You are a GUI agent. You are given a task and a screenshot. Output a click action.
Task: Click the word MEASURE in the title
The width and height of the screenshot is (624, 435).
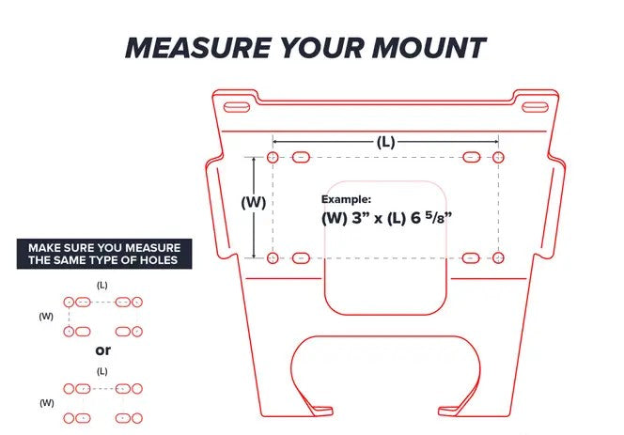(198, 48)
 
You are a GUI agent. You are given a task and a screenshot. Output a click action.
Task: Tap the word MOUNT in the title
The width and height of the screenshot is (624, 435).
(429, 48)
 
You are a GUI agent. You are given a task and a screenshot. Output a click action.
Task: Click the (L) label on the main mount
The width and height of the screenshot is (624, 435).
(385, 142)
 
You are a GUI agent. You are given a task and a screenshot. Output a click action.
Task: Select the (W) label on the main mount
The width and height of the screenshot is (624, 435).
(254, 202)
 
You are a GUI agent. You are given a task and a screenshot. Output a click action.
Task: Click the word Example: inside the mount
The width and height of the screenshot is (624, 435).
(346, 199)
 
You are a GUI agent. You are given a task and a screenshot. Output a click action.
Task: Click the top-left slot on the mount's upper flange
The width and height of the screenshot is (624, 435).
(237, 107)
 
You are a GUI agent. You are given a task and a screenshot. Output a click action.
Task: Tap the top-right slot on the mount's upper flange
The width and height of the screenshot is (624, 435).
(535, 107)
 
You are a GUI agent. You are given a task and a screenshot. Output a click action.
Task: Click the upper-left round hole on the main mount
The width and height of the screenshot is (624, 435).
(273, 157)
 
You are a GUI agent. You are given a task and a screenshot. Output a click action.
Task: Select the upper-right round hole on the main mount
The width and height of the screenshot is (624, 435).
(498, 157)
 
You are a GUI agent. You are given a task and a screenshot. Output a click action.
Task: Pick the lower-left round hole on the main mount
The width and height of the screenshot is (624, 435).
(273, 257)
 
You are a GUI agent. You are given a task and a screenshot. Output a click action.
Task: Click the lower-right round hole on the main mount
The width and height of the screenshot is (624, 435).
(498, 257)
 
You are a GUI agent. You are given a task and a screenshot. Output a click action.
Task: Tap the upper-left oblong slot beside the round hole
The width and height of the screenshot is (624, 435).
(302, 157)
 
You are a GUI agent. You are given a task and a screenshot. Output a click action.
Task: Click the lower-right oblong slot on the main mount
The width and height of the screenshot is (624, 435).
(471, 257)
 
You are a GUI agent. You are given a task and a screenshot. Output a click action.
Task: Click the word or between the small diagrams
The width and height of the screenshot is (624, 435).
(102, 350)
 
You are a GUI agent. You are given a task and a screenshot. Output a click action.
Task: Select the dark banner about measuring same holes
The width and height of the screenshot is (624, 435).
(104, 254)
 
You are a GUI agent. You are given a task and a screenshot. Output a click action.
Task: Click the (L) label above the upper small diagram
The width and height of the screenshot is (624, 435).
(102, 285)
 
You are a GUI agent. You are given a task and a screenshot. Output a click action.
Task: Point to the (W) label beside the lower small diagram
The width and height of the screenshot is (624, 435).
(47, 403)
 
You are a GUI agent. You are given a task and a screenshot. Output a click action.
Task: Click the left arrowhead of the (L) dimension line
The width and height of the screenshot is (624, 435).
(275, 141)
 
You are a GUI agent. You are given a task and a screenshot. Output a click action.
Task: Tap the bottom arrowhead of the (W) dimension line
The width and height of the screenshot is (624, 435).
(254, 256)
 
